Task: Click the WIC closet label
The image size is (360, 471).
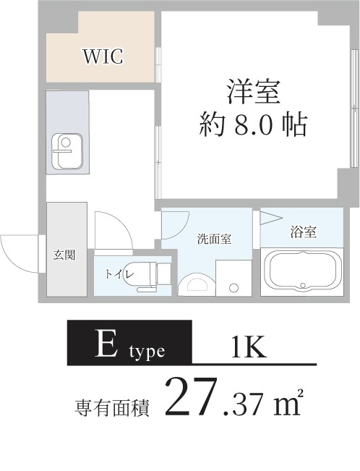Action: [103, 56]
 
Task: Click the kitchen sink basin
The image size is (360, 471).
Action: [67, 151]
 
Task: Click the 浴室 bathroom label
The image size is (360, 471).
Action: [303, 232]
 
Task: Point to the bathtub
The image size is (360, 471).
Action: [302, 271]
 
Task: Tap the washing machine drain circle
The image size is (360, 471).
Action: [233, 287]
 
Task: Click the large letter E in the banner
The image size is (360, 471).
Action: [107, 345]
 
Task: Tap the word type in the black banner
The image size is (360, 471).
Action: [147, 352]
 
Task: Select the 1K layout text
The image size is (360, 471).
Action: [249, 348]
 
